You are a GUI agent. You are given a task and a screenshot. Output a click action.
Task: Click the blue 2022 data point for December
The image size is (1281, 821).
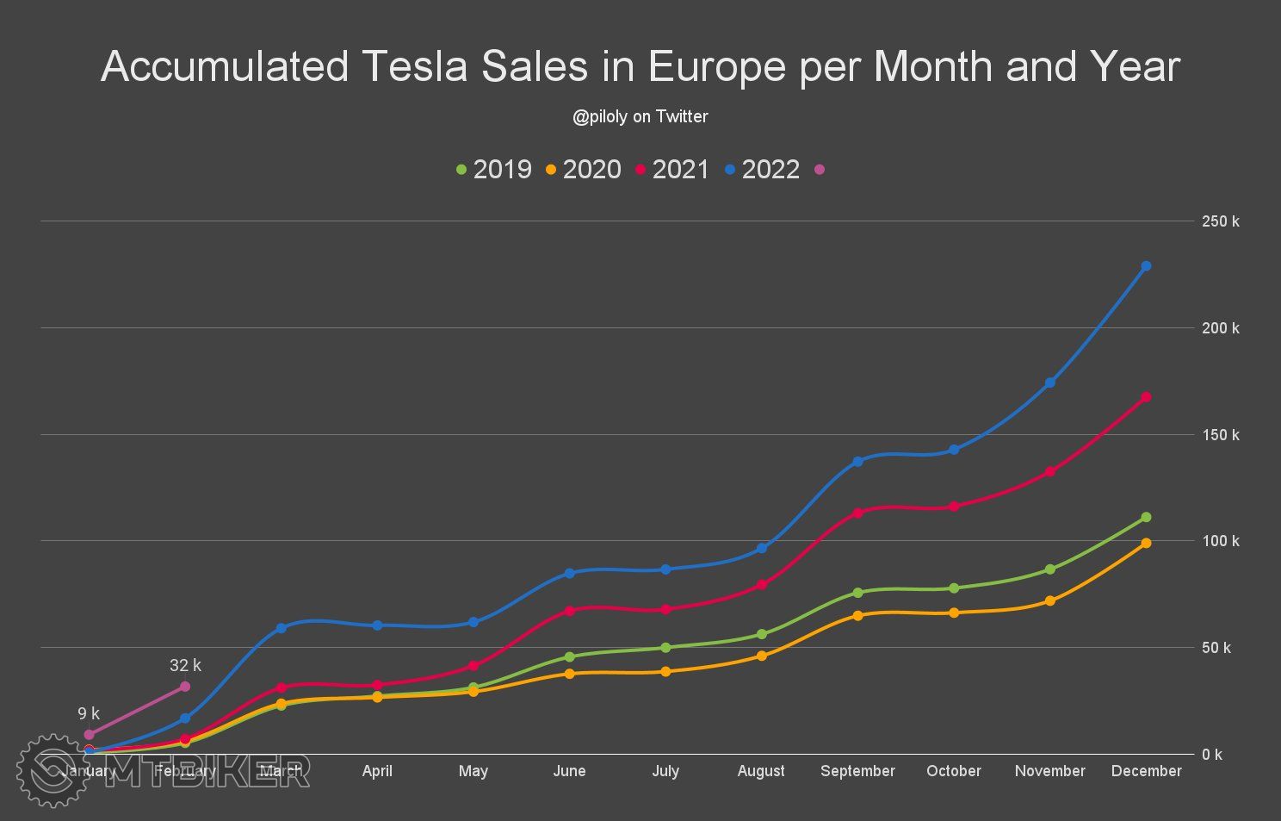(x=1146, y=266)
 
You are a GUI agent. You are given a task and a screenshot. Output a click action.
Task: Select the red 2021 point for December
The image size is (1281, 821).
(x=1146, y=397)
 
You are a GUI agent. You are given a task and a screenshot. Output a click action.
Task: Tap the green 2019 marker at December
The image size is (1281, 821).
(x=1146, y=517)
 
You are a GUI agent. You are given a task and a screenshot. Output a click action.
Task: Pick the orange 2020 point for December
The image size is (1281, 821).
(x=1146, y=543)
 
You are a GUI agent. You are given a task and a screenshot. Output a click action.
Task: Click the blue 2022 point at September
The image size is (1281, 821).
(x=857, y=461)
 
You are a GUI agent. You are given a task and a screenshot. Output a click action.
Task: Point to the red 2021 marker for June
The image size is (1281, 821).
(x=569, y=610)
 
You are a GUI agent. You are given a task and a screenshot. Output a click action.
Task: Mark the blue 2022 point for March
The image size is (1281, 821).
(x=281, y=628)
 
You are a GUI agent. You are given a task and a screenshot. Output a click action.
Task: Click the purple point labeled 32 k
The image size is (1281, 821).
(x=185, y=687)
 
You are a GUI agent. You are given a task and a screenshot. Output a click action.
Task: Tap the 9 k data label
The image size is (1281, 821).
(x=89, y=713)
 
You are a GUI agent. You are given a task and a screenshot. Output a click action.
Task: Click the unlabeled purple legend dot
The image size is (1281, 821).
(x=820, y=169)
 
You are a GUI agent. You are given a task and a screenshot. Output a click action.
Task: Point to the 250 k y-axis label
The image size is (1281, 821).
(x=1221, y=221)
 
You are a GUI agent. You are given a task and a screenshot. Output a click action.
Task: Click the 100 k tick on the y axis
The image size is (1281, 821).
(x=1221, y=541)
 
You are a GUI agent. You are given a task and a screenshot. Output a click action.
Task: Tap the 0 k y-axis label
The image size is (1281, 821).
(x=1212, y=755)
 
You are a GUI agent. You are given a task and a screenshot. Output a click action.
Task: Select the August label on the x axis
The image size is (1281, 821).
(x=761, y=771)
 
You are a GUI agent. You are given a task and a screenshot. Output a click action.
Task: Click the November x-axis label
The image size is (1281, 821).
(x=1049, y=771)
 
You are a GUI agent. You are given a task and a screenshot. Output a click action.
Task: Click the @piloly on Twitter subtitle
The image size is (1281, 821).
(x=640, y=116)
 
